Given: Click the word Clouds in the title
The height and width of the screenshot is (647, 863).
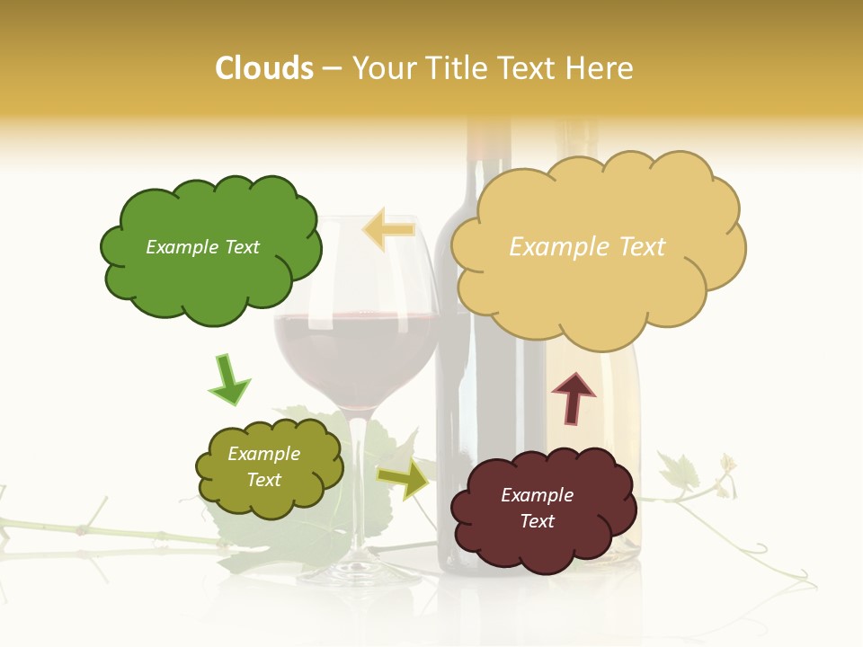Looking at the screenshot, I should click(x=264, y=68).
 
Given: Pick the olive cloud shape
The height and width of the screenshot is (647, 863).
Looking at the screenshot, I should click(x=269, y=467).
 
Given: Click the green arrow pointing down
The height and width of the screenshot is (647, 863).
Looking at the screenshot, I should click(x=228, y=380).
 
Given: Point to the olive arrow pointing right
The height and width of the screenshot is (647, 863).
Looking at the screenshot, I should click(x=405, y=480).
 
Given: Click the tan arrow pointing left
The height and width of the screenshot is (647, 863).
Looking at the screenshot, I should click(x=388, y=230).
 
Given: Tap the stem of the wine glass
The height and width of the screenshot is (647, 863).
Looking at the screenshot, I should click(x=358, y=485).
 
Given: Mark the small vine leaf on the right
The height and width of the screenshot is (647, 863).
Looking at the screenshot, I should click(x=679, y=470).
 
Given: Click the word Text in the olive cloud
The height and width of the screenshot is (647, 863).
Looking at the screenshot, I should click(x=264, y=480).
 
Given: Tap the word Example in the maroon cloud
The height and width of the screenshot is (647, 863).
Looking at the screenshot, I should click(x=537, y=495).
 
